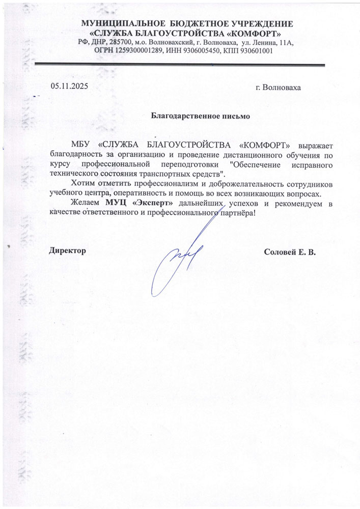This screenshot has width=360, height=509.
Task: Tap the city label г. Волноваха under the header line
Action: (278, 87)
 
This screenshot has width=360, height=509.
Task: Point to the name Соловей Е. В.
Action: (290, 251)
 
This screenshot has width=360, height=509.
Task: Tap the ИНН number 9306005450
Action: (203, 51)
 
